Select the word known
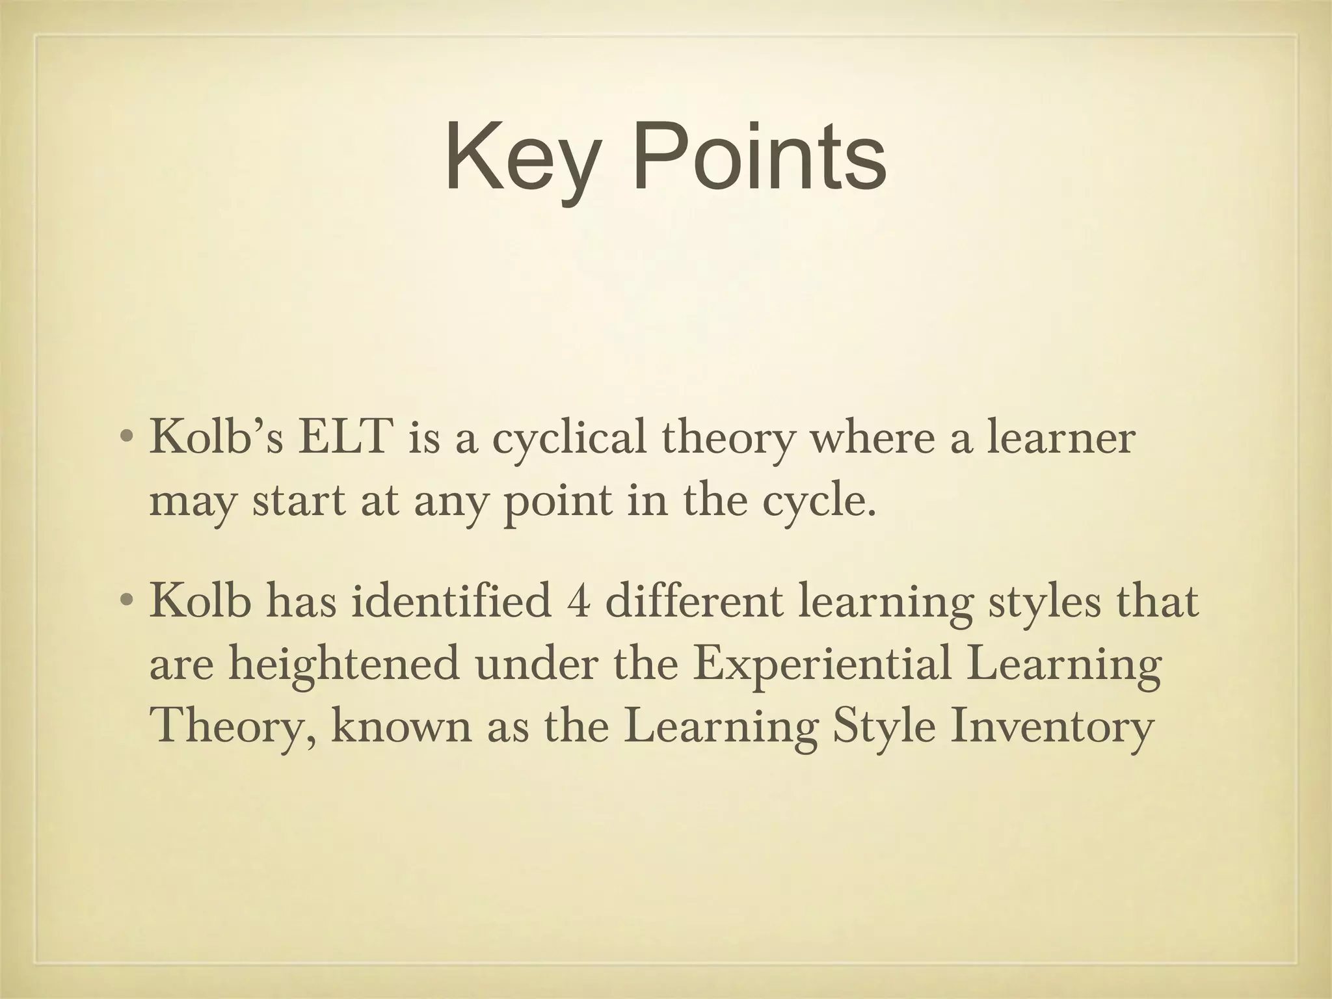tap(400, 726)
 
